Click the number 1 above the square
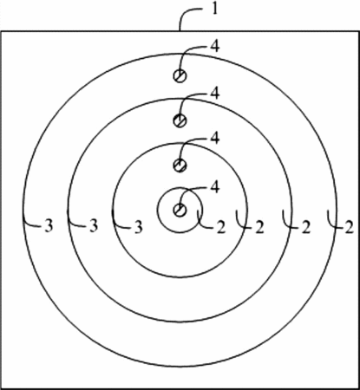pyautogui.click(x=214, y=10)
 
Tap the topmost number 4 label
pyautogui.click(x=214, y=47)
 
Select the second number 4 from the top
pyautogui.click(x=214, y=94)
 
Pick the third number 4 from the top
pyautogui.click(x=214, y=139)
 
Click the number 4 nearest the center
pyautogui.click(x=214, y=187)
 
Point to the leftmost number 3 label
pyautogui.click(x=49, y=225)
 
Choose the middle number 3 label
pyautogui.click(x=94, y=225)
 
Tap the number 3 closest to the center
pyautogui.click(x=139, y=227)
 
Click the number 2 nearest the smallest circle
pyautogui.click(x=220, y=228)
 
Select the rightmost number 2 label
pyautogui.click(x=350, y=228)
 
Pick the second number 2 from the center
pyautogui.click(x=260, y=228)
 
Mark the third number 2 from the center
pyautogui.click(x=305, y=228)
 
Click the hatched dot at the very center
pyautogui.click(x=180, y=210)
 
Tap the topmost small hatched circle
pyautogui.click(x=180, y=76)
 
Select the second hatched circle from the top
pyautogui.click(x=180, y=120)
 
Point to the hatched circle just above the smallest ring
pyautogui.click(x=180, y=166)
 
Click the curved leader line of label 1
pyautogui.click(x=185, y=14)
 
